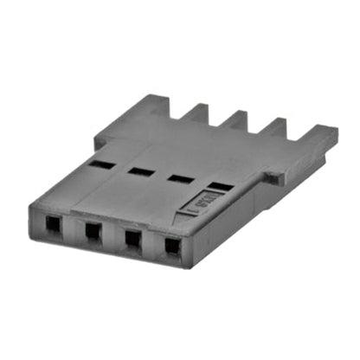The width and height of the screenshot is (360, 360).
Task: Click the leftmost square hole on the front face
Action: point(53,225)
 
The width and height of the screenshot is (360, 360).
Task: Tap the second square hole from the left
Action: point(93,231)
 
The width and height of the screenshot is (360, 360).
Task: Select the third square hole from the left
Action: point(132,238)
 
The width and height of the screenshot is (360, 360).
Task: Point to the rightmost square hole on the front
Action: point(172,246)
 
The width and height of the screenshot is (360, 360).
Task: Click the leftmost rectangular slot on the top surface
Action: point(101,164)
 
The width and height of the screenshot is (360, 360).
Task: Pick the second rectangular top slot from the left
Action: point(140,171)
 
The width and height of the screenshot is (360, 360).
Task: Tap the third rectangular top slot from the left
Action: point(181,179)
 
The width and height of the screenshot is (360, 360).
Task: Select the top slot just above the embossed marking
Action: point(221,186)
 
